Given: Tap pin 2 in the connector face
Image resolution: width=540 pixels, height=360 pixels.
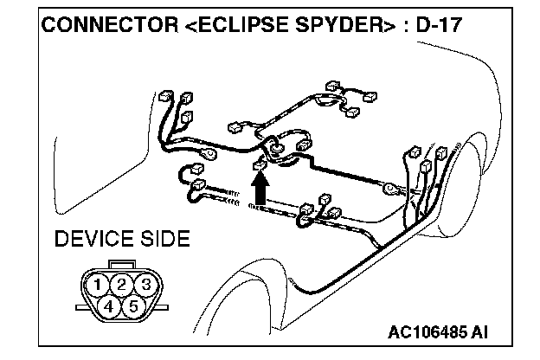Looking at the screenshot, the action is point(124,284).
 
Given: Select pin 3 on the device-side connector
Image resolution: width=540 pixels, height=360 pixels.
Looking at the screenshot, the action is point(147,284).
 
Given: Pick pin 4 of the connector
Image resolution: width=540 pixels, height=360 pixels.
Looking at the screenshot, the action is point(109,305).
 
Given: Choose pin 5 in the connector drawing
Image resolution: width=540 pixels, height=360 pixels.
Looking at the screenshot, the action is point(133,305).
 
